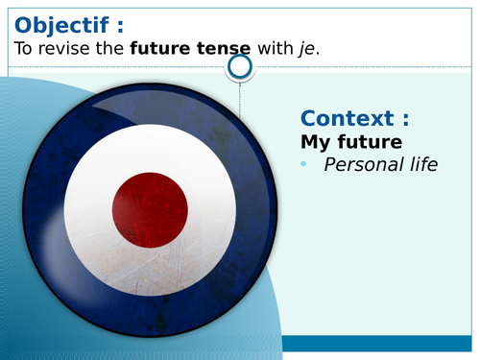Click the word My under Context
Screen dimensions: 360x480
coord(316,141)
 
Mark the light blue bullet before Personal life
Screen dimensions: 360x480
coord(304,164)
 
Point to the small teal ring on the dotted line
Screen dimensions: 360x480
coord(240,66)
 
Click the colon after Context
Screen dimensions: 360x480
coord(405,119)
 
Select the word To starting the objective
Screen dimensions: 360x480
coord(25,47)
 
